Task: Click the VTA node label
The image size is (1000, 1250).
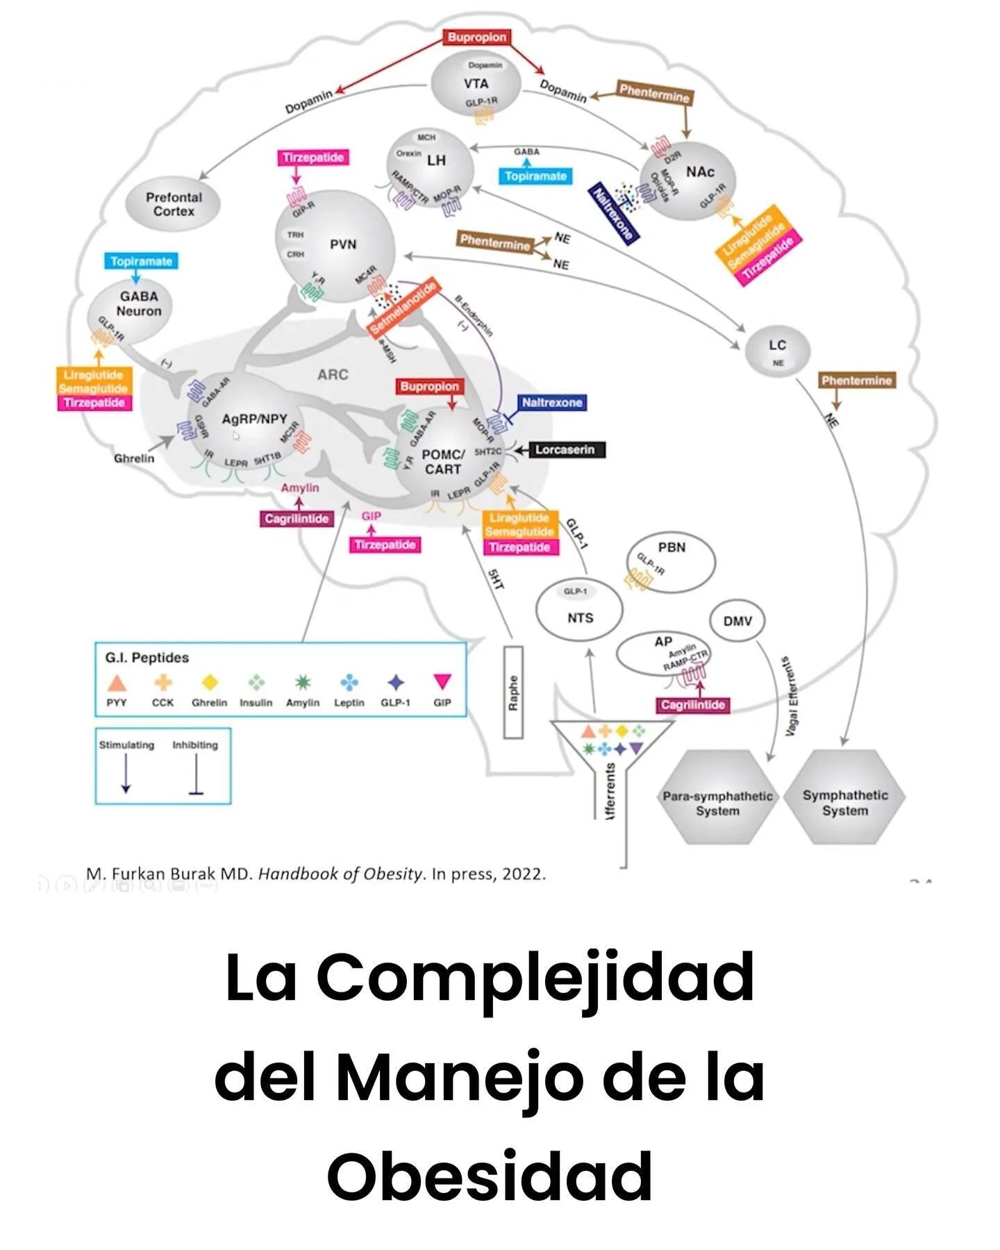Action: (476, 84)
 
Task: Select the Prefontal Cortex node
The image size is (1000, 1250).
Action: (174, 204)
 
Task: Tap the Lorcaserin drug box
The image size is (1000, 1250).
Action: (565, 450)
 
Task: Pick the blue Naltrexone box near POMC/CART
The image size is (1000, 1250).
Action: (552, 403)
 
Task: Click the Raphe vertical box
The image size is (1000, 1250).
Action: (513, 692)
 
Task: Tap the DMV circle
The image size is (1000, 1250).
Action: (737, 621)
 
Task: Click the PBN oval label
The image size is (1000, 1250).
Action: (672, 547)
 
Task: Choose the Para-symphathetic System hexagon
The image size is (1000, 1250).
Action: (717, 797)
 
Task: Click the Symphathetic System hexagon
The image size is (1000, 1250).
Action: (845, 797)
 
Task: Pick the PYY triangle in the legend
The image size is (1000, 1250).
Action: (117, 683)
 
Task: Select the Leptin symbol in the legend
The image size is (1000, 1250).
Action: (349, 683)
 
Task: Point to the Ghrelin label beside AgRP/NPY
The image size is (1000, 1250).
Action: (134, 458)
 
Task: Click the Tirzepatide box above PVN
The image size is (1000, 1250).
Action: (313, 158)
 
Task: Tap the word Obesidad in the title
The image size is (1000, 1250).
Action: (490, 1176)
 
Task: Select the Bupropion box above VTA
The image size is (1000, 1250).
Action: (477, 37)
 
